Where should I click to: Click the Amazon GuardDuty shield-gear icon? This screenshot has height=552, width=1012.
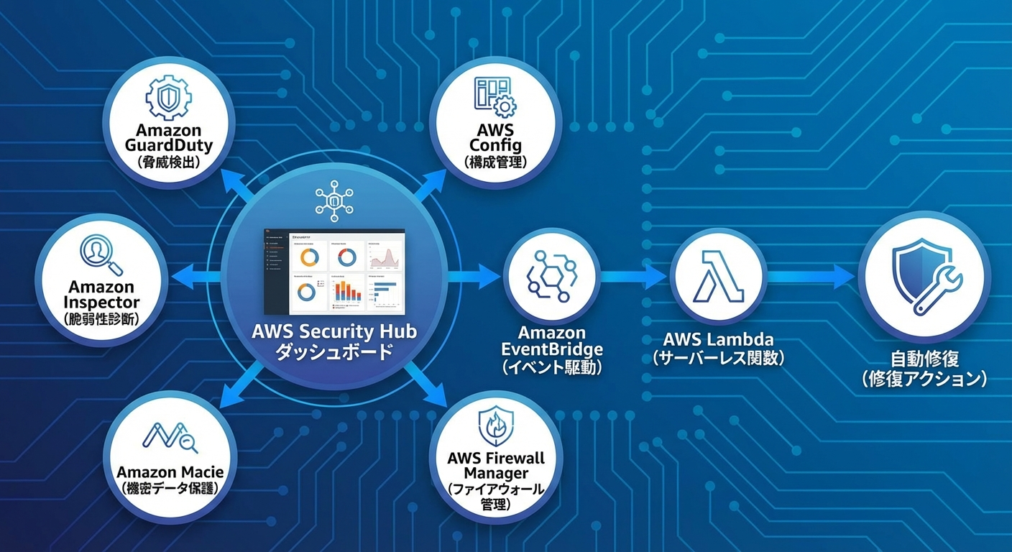168,97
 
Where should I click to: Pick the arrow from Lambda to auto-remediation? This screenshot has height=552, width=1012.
812,276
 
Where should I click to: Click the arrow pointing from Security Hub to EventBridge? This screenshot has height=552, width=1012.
474,276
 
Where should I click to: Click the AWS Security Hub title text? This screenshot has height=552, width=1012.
334,332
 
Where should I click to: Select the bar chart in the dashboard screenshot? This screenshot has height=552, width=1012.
347,290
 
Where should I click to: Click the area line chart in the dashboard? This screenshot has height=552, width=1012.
386,256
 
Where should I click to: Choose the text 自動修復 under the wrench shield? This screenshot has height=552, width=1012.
924,358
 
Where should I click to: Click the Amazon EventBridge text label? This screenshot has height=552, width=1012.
551,341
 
